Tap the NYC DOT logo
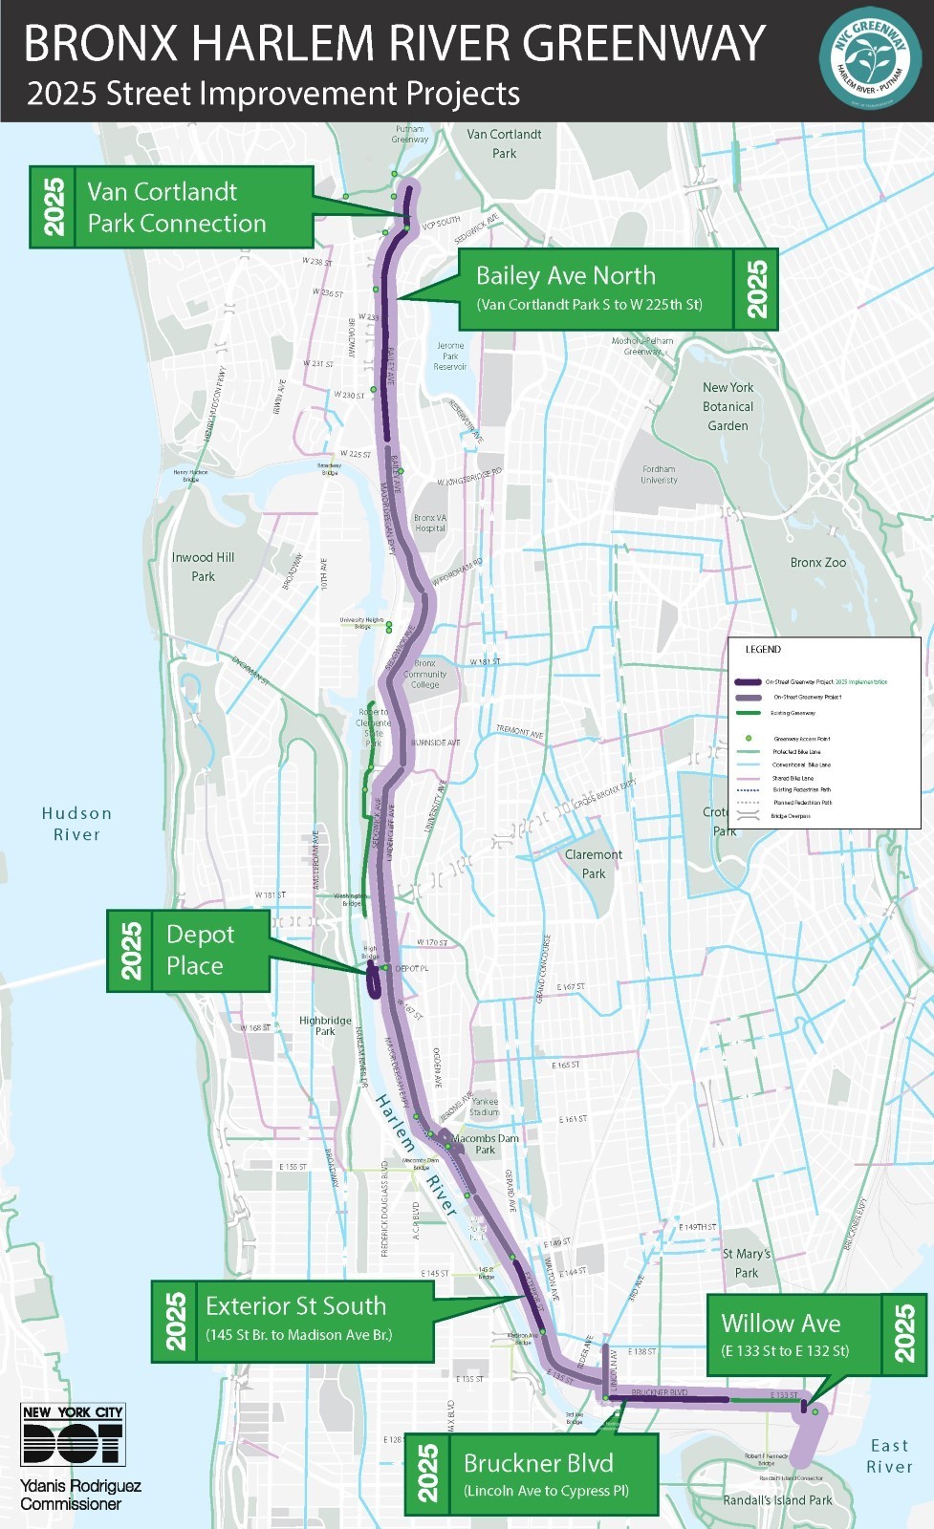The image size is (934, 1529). [73, 1434]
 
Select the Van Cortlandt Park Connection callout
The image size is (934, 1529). [172, 207]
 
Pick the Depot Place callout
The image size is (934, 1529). [188, 950]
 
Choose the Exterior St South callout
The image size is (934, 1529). [293, 1321]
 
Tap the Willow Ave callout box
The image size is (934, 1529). [815, 1335]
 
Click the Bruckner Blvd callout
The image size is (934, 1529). [532, 1474]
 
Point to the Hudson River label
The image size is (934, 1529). [76, 824]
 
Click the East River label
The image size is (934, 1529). [889, 1456]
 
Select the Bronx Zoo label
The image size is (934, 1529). [817, 563]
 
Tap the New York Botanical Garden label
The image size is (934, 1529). [728, 406]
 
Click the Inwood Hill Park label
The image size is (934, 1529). [203, 567]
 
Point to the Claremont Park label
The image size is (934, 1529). [593, 864]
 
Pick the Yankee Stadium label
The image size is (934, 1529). [484, 1107]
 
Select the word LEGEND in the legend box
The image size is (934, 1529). [763, 650]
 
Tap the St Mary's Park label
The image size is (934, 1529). [746, 1262]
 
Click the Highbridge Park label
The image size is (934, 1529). [325, 1025]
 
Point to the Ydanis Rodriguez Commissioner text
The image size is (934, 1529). [80, 1495]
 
